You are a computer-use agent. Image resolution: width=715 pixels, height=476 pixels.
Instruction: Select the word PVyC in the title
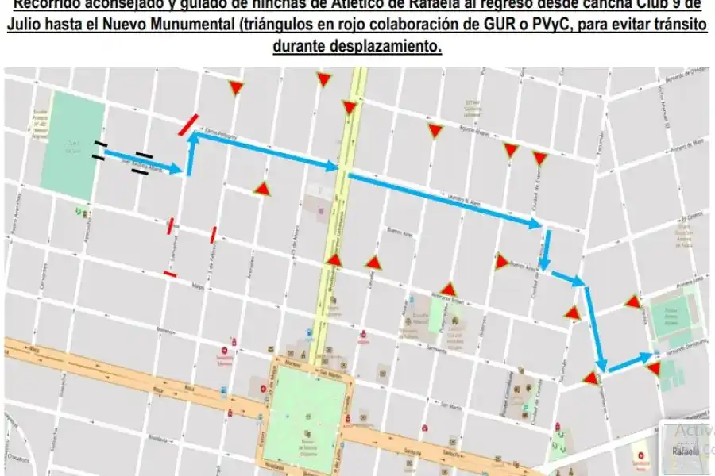546,25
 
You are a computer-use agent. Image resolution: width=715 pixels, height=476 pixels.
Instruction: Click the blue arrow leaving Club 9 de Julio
144,160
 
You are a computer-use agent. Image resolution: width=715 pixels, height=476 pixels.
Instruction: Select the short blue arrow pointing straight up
190,155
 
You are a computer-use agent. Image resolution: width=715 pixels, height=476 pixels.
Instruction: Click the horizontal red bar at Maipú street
170,273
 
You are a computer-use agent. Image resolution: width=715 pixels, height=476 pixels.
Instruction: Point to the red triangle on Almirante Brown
448,290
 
